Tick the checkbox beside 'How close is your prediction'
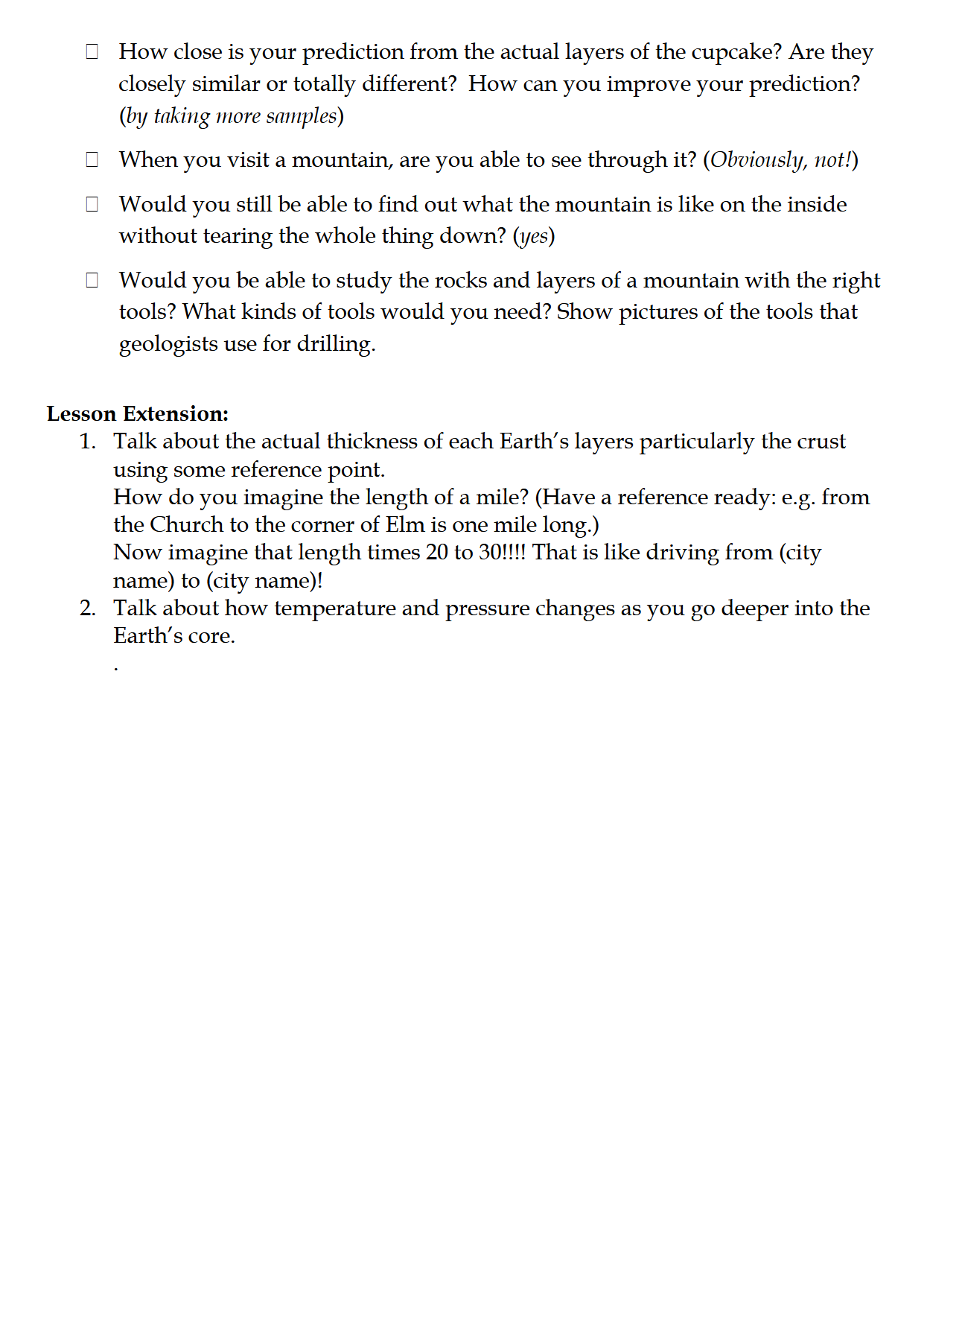coord(92,51)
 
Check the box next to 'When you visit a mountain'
coord(92,159)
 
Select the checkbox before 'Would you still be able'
coord(92,204)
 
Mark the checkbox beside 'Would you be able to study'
coord(92,280)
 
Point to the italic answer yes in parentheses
coord(534,237)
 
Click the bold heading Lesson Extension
coord(137,414)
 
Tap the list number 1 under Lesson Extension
coord(87,442)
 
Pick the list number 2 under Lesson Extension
coord(87,609)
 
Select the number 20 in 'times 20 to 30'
coord(437,553)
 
